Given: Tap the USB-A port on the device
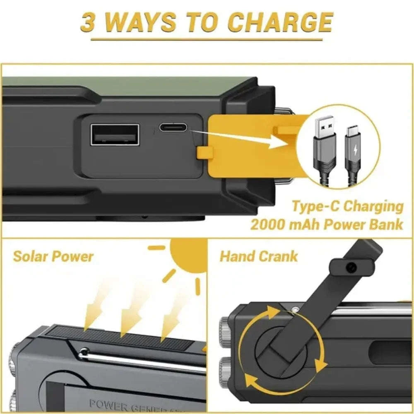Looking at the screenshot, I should (x=115, y=135).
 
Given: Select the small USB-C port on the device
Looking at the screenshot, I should (x=173, y=127).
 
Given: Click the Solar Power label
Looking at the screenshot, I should (x=53, y=256).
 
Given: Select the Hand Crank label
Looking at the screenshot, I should (x=258, y=256).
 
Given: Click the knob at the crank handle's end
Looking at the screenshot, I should (x=351, y=268).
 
